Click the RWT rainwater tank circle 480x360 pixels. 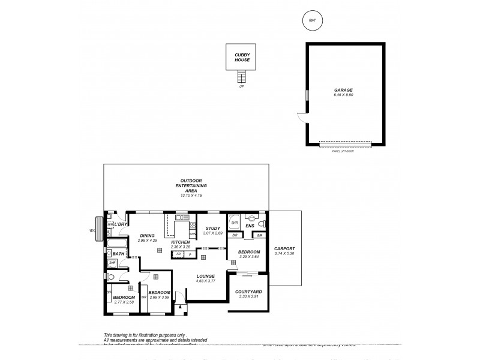tap(311, 20)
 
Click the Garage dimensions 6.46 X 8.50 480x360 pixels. tap(343, 95)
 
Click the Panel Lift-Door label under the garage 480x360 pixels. tap(343, 150)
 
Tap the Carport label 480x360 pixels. tap(284, 248)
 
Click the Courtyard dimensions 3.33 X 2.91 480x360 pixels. tap(248, 296)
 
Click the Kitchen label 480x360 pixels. tap(180, 242)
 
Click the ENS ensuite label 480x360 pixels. tap(250, 226)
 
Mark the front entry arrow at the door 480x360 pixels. tap(179, 307)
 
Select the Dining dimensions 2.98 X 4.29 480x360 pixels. tap(147, 240)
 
